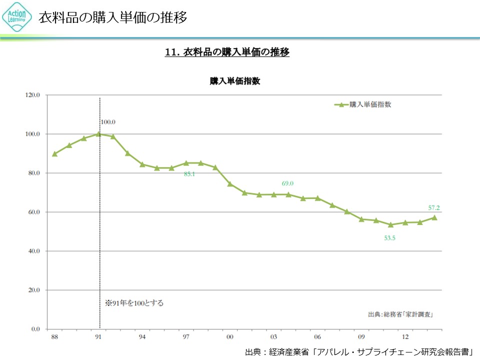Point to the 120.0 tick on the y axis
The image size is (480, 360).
point(33,95)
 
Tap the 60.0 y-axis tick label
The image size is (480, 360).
point(33,212)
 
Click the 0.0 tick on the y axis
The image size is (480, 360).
point(35,329)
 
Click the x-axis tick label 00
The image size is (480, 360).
point(230,337)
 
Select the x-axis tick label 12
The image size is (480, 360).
point(405,337)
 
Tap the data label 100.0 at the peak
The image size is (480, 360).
point(108,121)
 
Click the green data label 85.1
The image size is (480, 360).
point(189,174)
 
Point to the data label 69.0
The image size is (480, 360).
point(287,183)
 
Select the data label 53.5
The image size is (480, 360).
point(390,238)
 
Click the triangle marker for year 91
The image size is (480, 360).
point(98,134)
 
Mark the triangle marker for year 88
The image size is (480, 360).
point(54,154)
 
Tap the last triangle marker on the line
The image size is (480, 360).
point(434,217)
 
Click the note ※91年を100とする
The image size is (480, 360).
point(134,303)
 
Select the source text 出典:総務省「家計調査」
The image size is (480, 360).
point(400,314)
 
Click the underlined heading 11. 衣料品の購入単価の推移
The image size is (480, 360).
point(227,52)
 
